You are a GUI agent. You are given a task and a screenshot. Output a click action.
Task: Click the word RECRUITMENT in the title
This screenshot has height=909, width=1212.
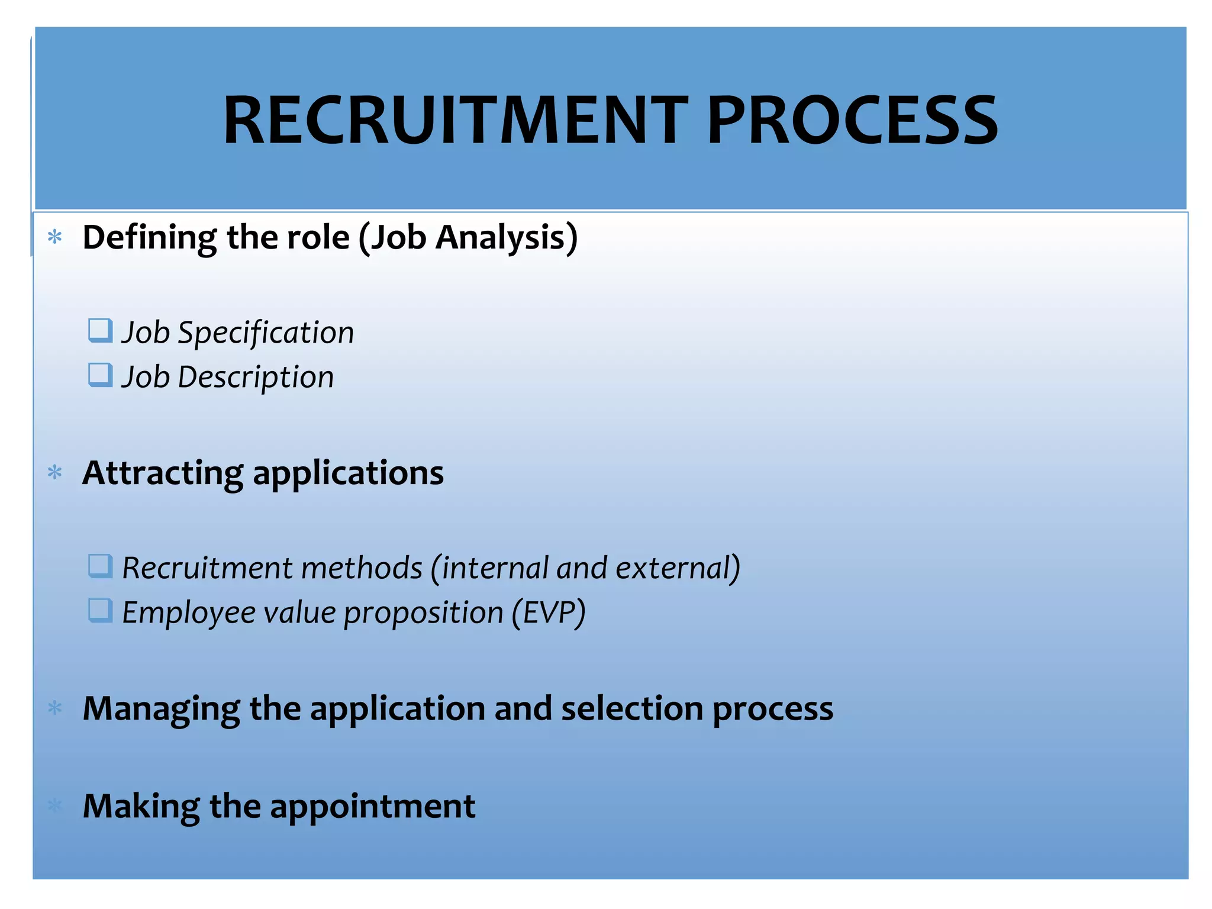coord(455,121)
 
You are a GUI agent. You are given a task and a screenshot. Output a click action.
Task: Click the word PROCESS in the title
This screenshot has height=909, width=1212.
coord(852,121)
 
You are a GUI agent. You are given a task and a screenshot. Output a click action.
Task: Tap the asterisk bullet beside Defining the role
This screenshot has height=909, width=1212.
coord(55,238)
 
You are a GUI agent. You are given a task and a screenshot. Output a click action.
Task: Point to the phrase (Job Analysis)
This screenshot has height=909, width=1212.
coord(468,238)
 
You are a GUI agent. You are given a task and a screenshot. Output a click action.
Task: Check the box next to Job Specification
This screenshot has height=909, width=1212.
coord(100,330)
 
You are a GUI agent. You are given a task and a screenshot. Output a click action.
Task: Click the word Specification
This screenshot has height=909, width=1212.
coord(266,333)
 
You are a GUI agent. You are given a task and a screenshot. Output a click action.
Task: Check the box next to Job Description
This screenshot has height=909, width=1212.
coord(100,375)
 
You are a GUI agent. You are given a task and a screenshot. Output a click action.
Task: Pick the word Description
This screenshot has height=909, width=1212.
coord(256,377)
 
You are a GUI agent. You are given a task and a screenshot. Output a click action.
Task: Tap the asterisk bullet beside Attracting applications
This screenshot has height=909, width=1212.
coord(55,473)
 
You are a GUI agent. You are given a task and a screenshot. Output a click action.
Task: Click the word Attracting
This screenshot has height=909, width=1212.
coord(163,473)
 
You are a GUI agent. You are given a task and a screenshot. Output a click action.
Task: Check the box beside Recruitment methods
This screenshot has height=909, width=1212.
coord(100,566)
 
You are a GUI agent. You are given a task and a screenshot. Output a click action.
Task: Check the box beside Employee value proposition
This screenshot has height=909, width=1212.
coord(100,610)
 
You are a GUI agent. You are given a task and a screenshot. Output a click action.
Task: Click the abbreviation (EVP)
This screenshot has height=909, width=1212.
coord(549,613)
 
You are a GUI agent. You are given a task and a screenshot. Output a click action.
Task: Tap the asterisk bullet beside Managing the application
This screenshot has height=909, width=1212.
coord(55,708)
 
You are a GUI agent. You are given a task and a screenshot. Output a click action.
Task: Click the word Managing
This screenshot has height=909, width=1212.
coord(161,709)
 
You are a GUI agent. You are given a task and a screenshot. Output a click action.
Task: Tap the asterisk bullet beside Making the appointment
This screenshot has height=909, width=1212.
coord(55,805)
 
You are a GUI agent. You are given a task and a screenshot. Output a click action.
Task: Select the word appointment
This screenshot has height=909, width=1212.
coord(372,806)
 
